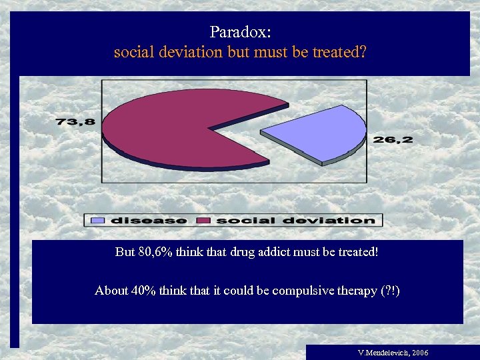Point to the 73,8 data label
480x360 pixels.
click(75, 121)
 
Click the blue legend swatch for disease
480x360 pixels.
click(97, 220)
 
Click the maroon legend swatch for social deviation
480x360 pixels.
click(204, 220)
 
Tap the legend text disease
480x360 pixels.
click(148, 220)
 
